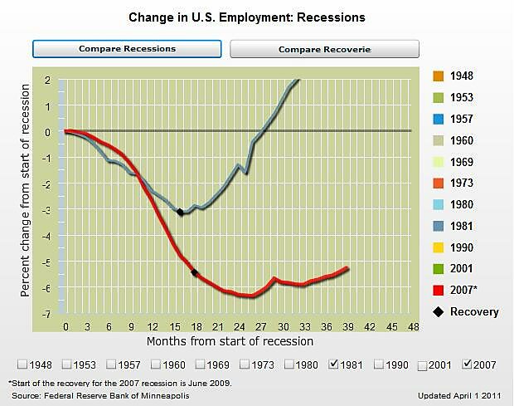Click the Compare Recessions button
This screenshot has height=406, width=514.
point(127,49)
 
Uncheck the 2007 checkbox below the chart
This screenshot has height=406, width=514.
point(468,364)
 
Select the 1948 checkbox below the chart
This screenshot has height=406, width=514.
point(22,364)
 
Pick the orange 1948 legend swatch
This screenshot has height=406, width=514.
point(438,76)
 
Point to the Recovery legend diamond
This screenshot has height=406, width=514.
point(438,312)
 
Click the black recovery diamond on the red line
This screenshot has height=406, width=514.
point(195,272)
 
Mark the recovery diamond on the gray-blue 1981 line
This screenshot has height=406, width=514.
point(181,213)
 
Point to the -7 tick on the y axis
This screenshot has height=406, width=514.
point(48,315)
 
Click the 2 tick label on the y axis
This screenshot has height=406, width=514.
point(49,81)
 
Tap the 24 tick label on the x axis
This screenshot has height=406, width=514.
point(240,325)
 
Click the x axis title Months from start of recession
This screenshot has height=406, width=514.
point(230,340)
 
